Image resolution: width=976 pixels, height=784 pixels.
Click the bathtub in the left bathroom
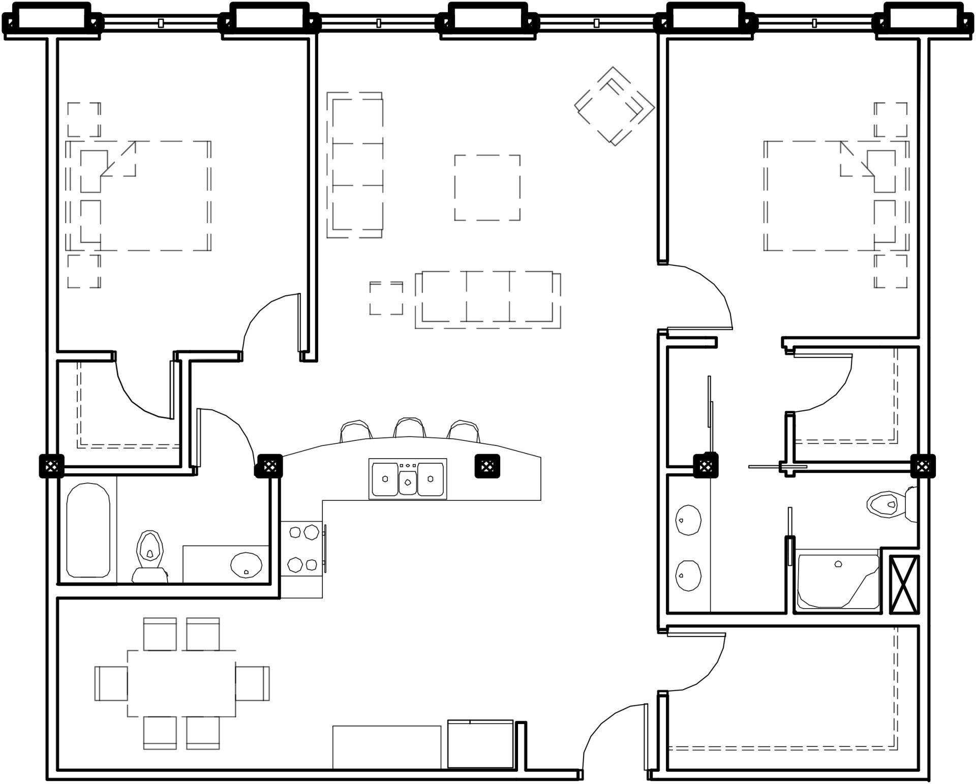click(x=88, y=530)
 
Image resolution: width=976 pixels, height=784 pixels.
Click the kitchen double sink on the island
click(x=408, y=479)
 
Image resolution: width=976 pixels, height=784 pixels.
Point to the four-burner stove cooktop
click(x=302, y=549)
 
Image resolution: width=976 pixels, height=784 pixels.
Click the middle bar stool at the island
click(x=410, y=428)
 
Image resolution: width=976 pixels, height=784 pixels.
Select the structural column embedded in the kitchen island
click(x=487, y=466)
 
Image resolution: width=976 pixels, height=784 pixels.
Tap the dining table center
click(x=181, y=683)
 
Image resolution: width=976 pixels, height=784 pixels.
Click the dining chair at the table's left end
click(x=111, y=683)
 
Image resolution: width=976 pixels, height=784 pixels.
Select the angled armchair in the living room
click(x=614, y=106)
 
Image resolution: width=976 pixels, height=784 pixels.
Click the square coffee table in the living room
click(x=487, y=188)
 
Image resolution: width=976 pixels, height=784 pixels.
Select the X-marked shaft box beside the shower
click(x=904, y=584)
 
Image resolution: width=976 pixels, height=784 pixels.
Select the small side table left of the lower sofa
click(x=386, y=298)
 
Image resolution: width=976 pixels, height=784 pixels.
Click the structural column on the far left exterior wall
click(x=51, y=465)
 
